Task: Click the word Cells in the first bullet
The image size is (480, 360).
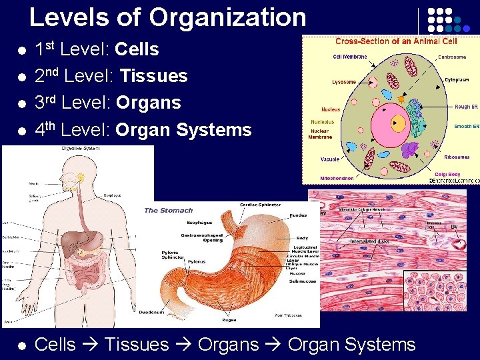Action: (x=137, y=49)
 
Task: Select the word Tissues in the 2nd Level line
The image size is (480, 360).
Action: (x=153, y=76)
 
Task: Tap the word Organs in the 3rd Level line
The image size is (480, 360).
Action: (x=148, y=103)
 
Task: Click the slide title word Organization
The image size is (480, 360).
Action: (x=228, y=17)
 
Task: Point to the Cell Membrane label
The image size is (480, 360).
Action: (x=350, y=57)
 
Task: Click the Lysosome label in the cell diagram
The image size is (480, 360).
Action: (x=344, y=83)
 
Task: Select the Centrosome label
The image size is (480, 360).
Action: (x=451, y=57)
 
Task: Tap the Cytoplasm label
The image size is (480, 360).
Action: (x=457, y=80)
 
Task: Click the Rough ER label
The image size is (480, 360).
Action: (x=466, y=107)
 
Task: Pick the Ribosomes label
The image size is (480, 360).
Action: (x=457, y=157)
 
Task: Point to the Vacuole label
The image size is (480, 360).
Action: (x=330, y=159)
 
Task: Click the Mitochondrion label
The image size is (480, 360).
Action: (x=337, y=179)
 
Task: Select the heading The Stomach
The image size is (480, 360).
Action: (x=169, y=210)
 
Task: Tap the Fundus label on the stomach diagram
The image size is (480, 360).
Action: (x=298, y=215)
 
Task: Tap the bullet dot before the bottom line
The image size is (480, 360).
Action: (x=22, y=345)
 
